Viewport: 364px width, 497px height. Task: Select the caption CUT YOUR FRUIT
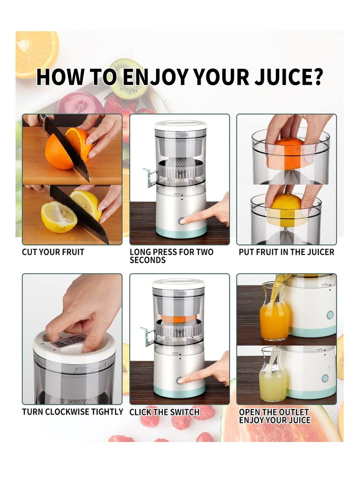click(x=53, y=252)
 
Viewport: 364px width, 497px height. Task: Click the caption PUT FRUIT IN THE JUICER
click(x=287, y=252)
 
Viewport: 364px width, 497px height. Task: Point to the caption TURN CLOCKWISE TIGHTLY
click(x=72, y=412)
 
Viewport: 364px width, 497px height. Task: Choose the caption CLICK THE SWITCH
click(x=165, y=412)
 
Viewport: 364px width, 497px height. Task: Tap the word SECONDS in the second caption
click(x=147, y=260)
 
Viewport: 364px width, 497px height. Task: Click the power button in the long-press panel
click(x=182, y=221)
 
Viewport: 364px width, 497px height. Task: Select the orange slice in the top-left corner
click(x=37, y=54)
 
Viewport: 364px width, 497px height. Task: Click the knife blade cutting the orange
click(x=66, y=149)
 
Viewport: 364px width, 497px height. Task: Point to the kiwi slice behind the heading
click(x=129, y=79)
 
